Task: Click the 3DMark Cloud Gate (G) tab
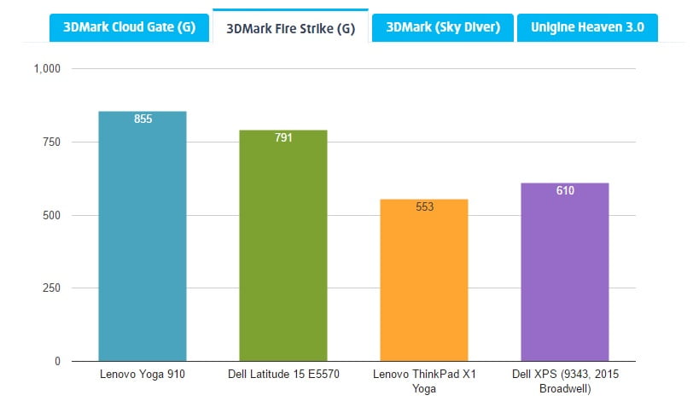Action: tap(128, 26)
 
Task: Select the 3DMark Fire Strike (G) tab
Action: tap(290, 27)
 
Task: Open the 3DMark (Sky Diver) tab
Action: tap(443, 26)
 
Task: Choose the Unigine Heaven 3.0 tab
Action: tap(587, 26)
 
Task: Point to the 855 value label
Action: tap(143, 119)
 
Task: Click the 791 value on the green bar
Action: tap(283, 137)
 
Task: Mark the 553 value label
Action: tap(424, 206)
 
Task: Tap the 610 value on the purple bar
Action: tap(565, 190)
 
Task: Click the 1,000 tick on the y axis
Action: tap(47, 68)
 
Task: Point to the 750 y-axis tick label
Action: tap(52, 142)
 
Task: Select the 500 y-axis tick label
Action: tap(52, 215)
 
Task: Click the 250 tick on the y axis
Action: tap(52, 288)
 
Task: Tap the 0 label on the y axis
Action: tap(58, 362)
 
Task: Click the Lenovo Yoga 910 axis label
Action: tap(143, 374)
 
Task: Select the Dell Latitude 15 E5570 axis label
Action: tap(283, 374)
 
